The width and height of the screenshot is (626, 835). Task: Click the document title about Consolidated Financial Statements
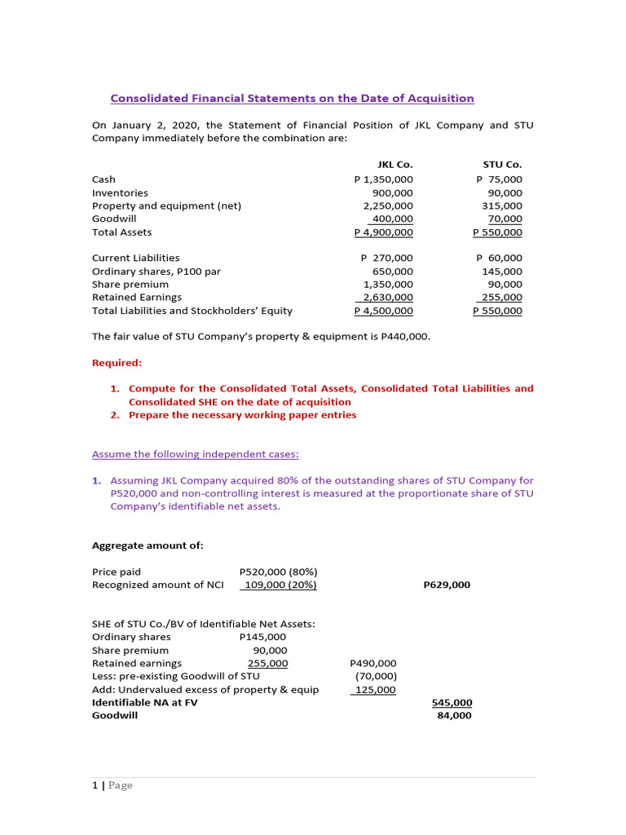point(292,99)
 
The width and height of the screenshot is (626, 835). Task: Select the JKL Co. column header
point(395,166)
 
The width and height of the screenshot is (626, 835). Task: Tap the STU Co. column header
point(502,166)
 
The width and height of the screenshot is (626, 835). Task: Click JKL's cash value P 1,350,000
point(383,179)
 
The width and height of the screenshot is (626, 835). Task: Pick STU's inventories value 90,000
point(505,192)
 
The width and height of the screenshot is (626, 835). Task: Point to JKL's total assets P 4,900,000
point(383,232)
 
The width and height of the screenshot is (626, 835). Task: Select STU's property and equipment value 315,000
point(502,206)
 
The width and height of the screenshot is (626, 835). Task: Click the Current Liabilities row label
point(135,258)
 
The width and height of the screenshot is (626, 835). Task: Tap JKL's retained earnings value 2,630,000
point(388,298)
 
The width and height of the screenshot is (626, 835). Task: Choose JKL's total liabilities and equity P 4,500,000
point(383,311)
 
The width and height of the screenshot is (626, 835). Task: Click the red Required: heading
point(117,362)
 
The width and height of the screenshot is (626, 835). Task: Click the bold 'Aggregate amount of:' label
point(148,546)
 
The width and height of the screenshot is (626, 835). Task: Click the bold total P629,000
point(447,585)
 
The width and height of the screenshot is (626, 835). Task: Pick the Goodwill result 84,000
point(455,716)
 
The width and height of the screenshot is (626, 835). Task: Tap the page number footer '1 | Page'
point(112,785)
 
